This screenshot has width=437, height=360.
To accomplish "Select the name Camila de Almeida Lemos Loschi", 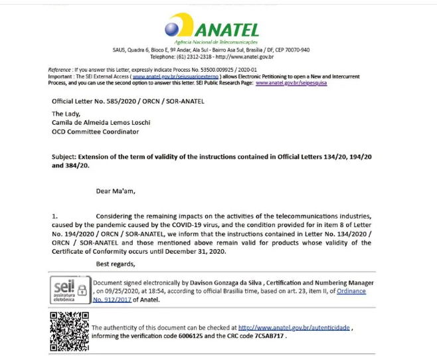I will pos(103,123).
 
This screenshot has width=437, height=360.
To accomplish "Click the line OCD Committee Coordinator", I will pos(96,132).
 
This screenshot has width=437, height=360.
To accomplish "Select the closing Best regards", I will pos(116,264).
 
